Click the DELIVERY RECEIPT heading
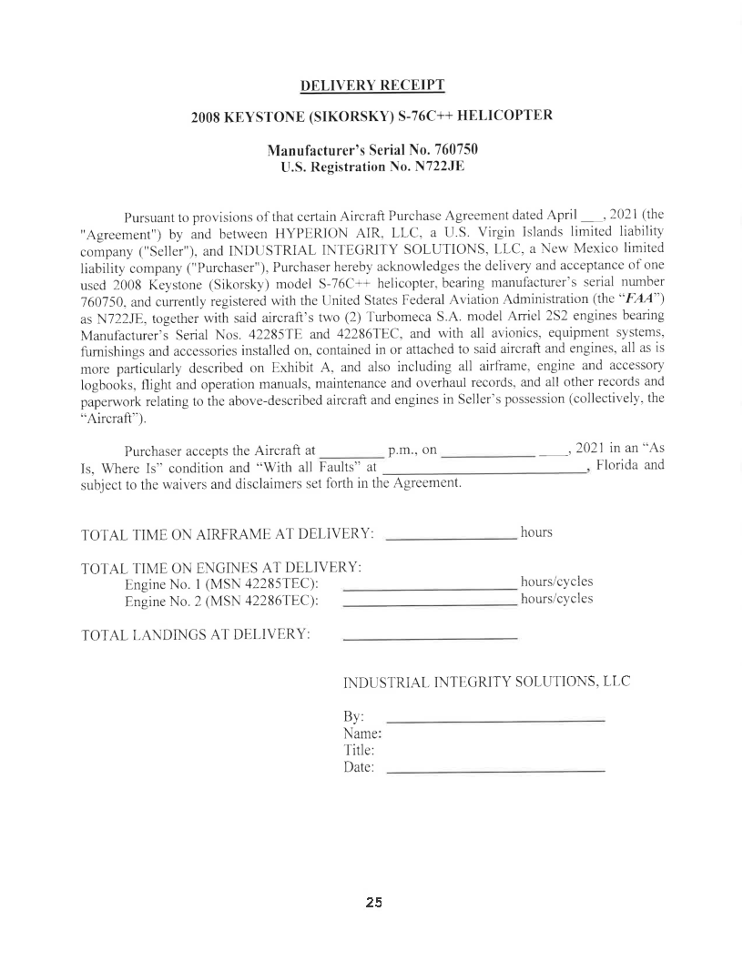pyautogui.click(x=371, y=86)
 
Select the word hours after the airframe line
pyautogui.click(x=536, y=532)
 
